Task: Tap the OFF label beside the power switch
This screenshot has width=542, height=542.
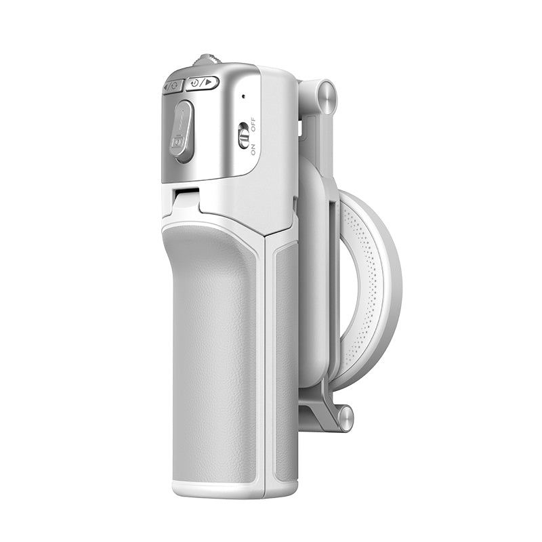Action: pyautogui.click(x=253, y=125)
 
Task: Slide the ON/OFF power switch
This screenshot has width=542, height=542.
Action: pyautogui.click(x=244, y=135)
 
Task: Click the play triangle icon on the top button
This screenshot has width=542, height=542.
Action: pyautogui.click(x=209, y=82)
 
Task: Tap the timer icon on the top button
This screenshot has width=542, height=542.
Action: pyautogui.click(x=194, y=83)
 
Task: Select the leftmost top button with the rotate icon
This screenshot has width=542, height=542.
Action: pyautogui.click(x=173, y=86)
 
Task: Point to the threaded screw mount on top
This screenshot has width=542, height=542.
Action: pyautogui.click(x=207, y=60)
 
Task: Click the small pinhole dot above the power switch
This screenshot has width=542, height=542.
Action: pyautogui.click(x=244, y=96)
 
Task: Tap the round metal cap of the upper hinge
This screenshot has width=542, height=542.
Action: pyautogui.click(x=327, y=97)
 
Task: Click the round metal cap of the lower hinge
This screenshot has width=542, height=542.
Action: pyautogui.click(x=346, y=419)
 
